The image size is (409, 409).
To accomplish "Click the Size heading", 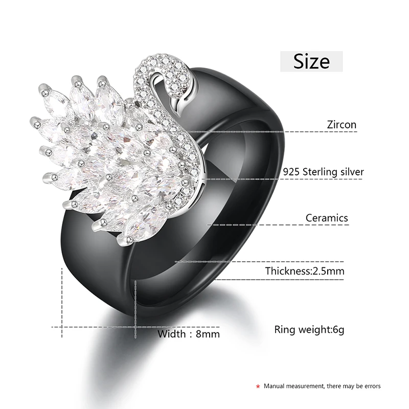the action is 311,61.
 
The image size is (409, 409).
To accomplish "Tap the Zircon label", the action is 342,124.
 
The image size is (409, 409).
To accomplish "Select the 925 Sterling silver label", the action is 324,172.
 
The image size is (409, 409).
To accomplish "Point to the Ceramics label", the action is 327,218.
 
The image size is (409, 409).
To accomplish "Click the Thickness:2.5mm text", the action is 304,271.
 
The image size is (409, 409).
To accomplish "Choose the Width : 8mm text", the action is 189,334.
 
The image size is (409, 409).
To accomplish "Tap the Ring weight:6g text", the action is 309,329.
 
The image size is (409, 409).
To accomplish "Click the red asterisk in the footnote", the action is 259,387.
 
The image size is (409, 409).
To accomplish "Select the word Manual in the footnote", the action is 275,386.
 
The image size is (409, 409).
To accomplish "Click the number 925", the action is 292,172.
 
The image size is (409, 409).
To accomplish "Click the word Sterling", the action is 320,172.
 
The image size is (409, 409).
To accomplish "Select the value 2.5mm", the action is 328,271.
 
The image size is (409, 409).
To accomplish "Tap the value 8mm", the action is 209,334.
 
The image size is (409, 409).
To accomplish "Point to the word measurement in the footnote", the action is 307,386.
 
